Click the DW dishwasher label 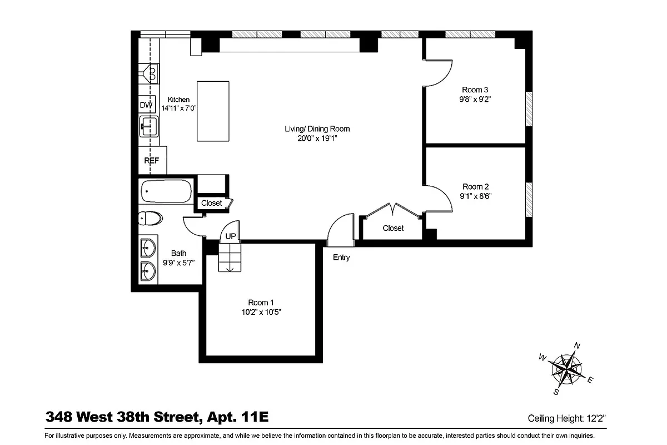click(146, 105)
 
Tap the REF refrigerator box click(152, 161)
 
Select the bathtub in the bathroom click(166, 192)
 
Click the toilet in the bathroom click(151, 218)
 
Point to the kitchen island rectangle click(213, 111)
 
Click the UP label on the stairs click(231, 236)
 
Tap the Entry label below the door click(341, 258)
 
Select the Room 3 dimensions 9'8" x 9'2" click(475, 100)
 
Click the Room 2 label click(475, 187)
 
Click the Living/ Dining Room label click(317, 129)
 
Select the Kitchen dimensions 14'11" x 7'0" click(178, 108)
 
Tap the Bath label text click(178, 254)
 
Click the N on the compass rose click(577, 345)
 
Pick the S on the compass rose click(556, 392)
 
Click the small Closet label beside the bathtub click(211, 204)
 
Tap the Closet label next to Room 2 click(393, 229)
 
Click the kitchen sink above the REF click(148, 126)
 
